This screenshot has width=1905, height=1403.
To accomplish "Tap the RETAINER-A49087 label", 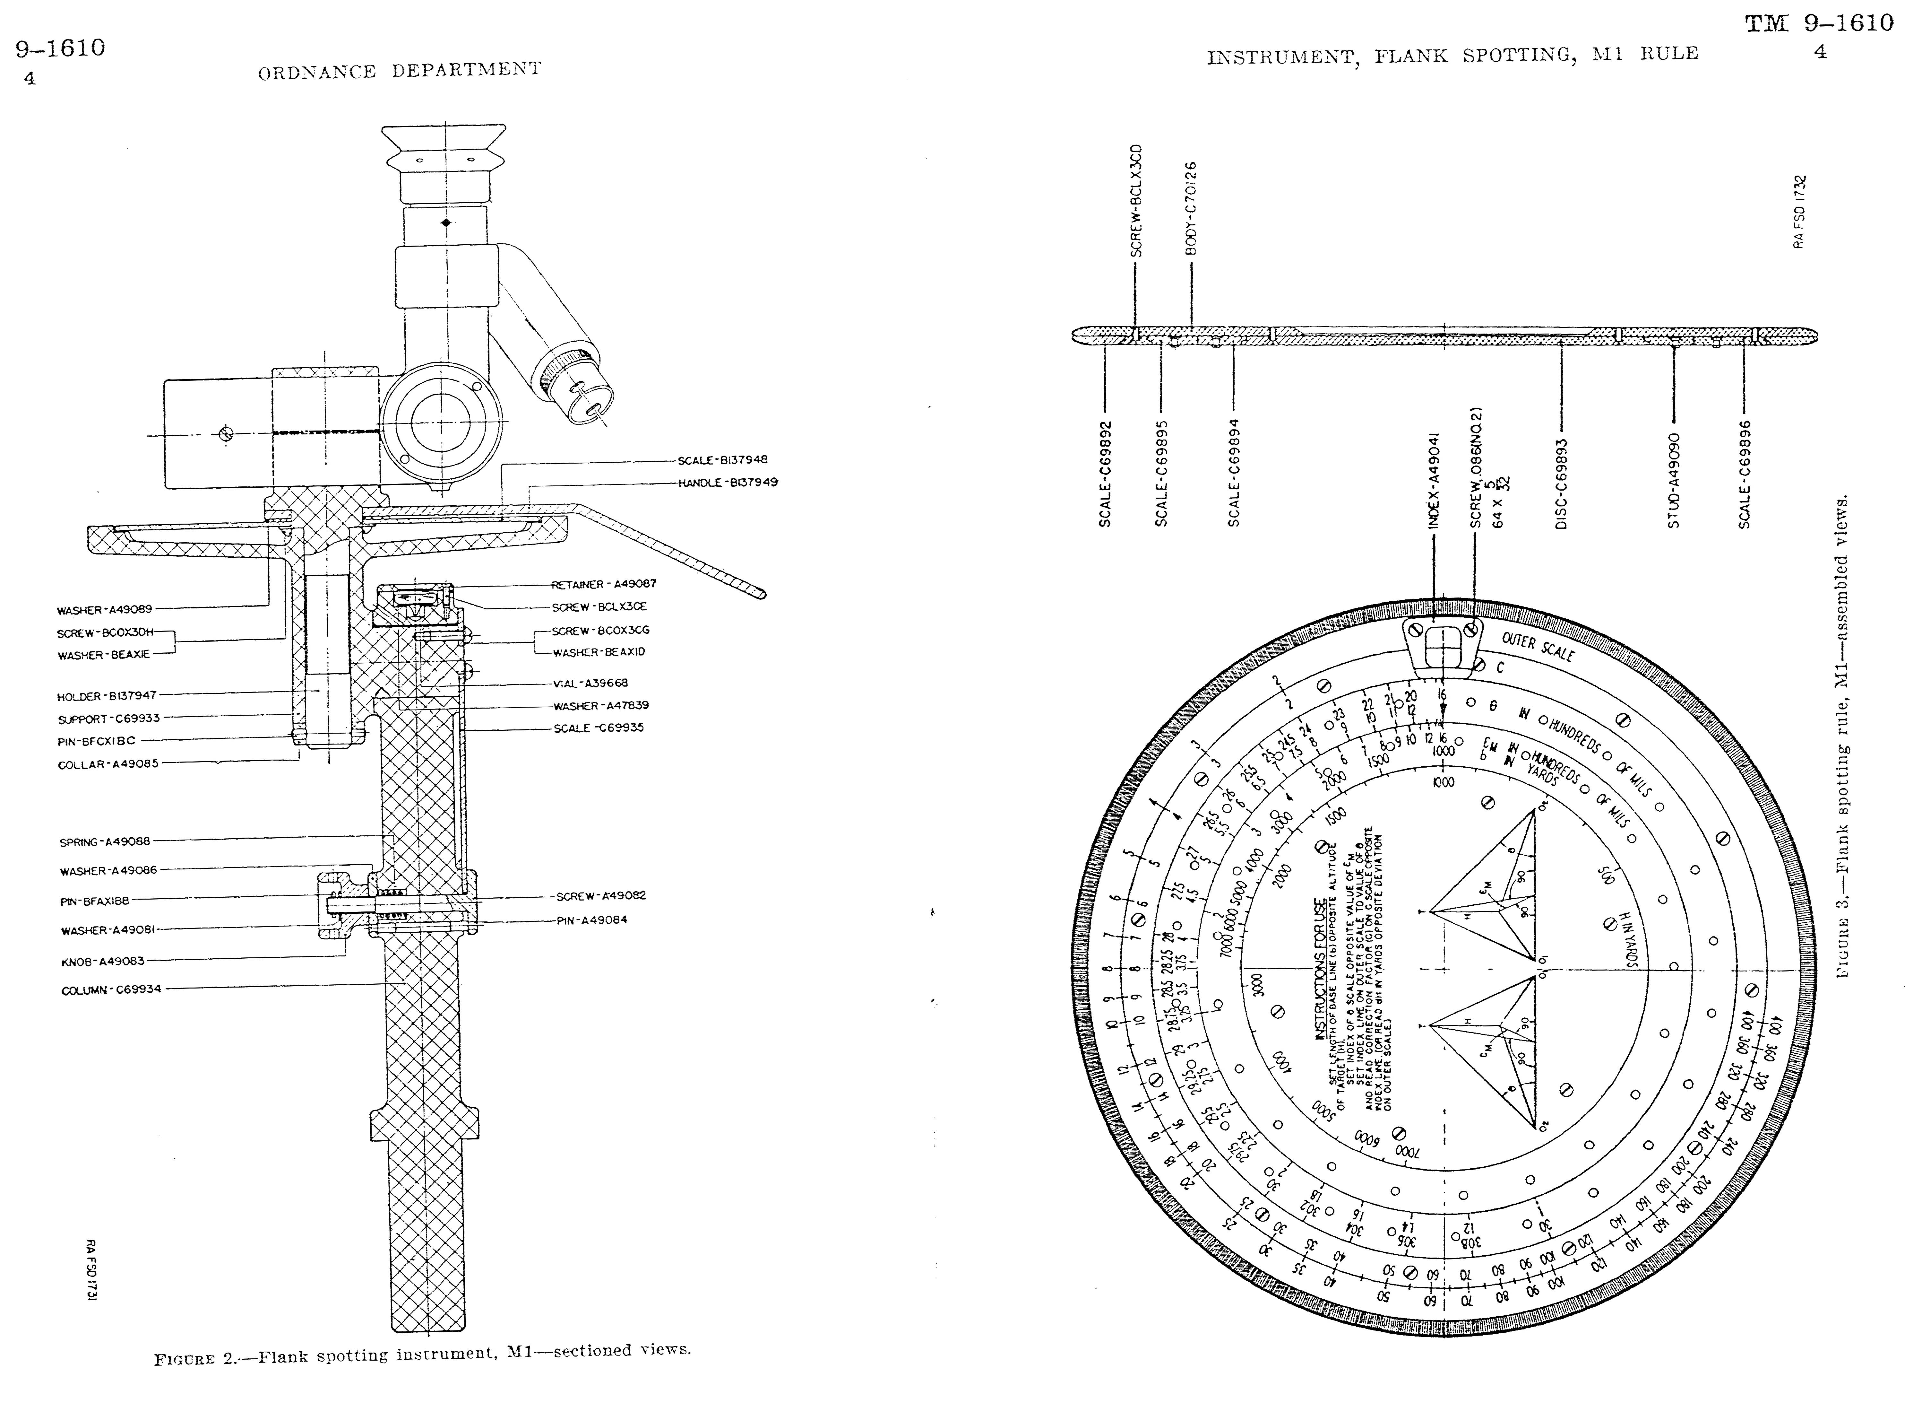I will [604, 584].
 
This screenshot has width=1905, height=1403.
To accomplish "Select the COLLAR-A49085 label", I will [108, 764].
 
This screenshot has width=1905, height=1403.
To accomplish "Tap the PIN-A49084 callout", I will [592, 920].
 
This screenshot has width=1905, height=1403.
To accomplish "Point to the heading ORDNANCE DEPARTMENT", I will [399, 70].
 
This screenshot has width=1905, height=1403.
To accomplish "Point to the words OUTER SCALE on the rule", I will [1538, 647].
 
